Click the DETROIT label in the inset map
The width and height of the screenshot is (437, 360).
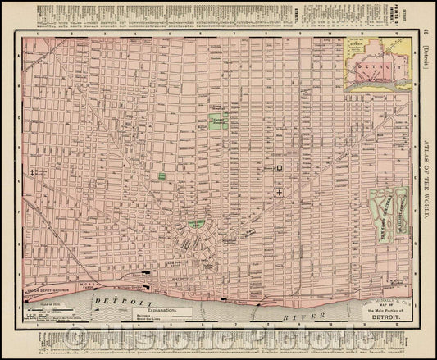click(x=377, y=62)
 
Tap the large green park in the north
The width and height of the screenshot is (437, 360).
click(x=217, y=121)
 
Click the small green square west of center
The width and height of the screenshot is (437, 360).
click(x=162, y=176)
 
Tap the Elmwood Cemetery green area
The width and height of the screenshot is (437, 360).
click(x=383, y=213)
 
